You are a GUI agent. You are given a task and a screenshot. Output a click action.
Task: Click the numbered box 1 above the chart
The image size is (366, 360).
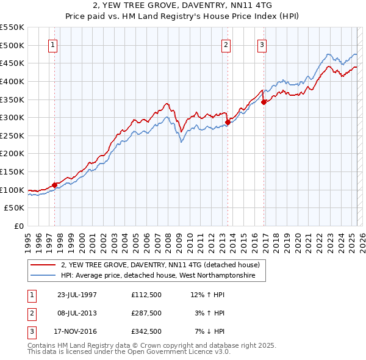pyautogui.click(x=53, y=44)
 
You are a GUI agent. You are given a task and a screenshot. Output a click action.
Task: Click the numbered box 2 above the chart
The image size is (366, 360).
pyautogui.click(x=226, y=44)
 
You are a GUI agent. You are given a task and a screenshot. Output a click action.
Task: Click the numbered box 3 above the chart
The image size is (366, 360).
pyautogui.click(x=262, y=44)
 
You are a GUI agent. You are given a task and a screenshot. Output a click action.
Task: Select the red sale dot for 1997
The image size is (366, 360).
pyautogui.click(x=55, y=184)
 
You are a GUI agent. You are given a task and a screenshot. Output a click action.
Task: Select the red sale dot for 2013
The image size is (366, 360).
pyautogui.click(x=228, y=122)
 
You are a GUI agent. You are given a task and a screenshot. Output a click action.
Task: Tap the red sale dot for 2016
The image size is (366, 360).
pyautogui.click(x=264, y=102)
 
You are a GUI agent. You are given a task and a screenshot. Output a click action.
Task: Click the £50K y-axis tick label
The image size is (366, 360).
pyautogui.click(x=15, y=208)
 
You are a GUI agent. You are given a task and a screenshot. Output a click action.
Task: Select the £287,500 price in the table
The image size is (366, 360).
pyautogui.click(x=146, y=313)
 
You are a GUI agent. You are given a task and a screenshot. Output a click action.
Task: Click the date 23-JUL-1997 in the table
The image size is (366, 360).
pyautogui.click(x=77, y=295)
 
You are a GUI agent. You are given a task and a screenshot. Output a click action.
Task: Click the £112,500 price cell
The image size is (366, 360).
pyautogui.click(x=146, y=295)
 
